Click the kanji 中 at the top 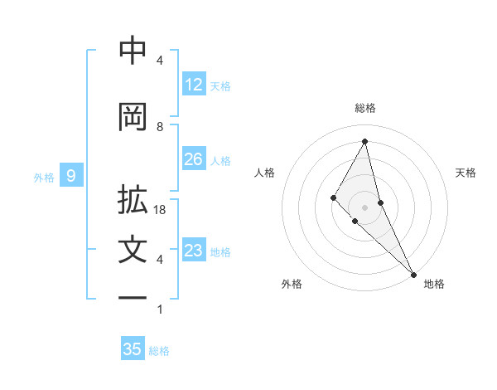(x=133, y=51)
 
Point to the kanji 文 (x=133, y=251)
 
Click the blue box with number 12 (x=194, y=85)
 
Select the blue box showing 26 (x=194, y=159)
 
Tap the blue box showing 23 (x=194, y=251)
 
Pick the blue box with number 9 (x=71, y=176)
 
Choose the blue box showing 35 (x=133, y=349)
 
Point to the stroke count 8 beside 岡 (x=160, y=126)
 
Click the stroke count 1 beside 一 (x=160, y=310)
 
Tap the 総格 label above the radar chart (x=365, y=108)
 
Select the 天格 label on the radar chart (x=466, y=173)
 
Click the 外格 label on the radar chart (x=292, y=284)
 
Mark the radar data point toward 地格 (x=413, y=273)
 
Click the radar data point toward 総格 (x=365, y=141)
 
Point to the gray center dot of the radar (x=365, y=207)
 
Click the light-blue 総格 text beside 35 (x=160, y=351)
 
